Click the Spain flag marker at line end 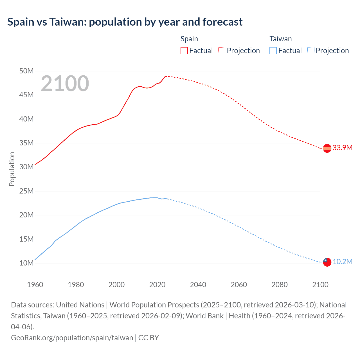pyautogui.click(x=327, y=148)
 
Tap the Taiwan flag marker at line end pyautogui.click(x=327, y=262)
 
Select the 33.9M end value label pyautogui.click(x=342, y=148)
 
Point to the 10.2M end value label pyautogui.click(x=342, y=262)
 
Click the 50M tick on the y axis pyautogui.click(x=26, y=71)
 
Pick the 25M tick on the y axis pyautogui.click(x=26, y=191)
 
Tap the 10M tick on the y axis pyautogui.click(x=26, y=263)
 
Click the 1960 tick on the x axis pyautogui.click(x=35, y=285)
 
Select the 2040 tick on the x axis pyautogui.click(x=198, y=285)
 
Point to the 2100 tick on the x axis pyautogui.click(x=320, y=285)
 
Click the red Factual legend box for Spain pyautogui.click(x=184, y=51)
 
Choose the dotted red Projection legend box pyautogui.click(x=222, y=51)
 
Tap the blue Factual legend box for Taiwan pyautogui.click(x=273, y=51)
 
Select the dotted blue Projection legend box pyautogui.click(x=310, y=51)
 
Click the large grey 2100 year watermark pyautogui.click(x=65, y=84)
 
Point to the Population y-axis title pyautogui.click(x=12, y=169)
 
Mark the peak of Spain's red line pyautogui.click(x=165, y=76)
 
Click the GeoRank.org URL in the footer pyautogui.click(x=72, y=337)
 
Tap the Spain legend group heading pyautogui.click(x=189, y=39)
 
